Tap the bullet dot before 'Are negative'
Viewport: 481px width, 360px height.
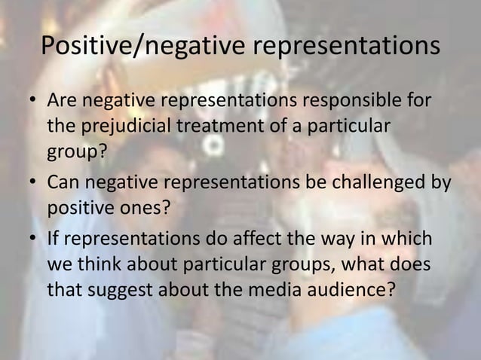pos(32,101)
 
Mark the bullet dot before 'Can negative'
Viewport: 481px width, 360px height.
pos(32,183)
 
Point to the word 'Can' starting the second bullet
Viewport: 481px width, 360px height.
pos(63,182)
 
